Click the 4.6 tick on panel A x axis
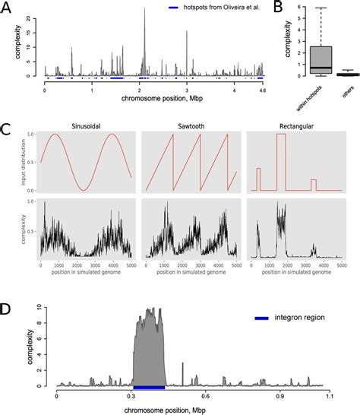260,90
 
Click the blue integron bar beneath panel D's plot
149,388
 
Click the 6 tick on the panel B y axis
289,8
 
